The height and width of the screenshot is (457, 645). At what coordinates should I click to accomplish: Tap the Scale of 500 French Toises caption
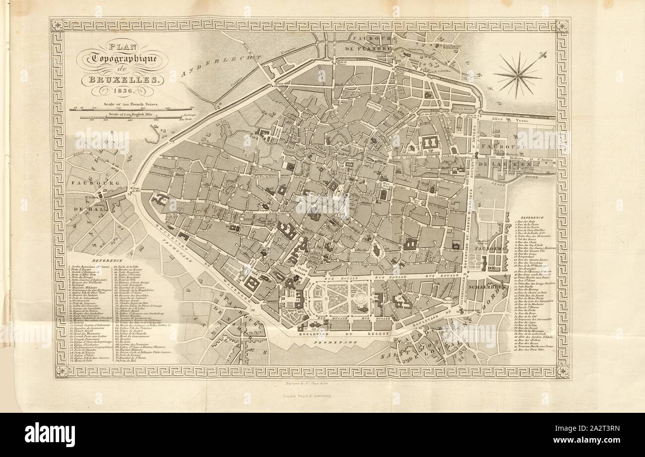pyautogui.click(x=130, y=105)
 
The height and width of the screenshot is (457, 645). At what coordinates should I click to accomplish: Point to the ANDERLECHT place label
pyautogui.click(x=220, y=66)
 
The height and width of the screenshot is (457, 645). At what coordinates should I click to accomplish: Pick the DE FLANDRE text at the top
pyautogui.click(x=369, y=49)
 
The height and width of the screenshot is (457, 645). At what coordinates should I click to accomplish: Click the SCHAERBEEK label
pyautogui.click(x=488, y=287)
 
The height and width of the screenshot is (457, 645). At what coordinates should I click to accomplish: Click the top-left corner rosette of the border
pyautogui.click(x=58, y=25)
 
